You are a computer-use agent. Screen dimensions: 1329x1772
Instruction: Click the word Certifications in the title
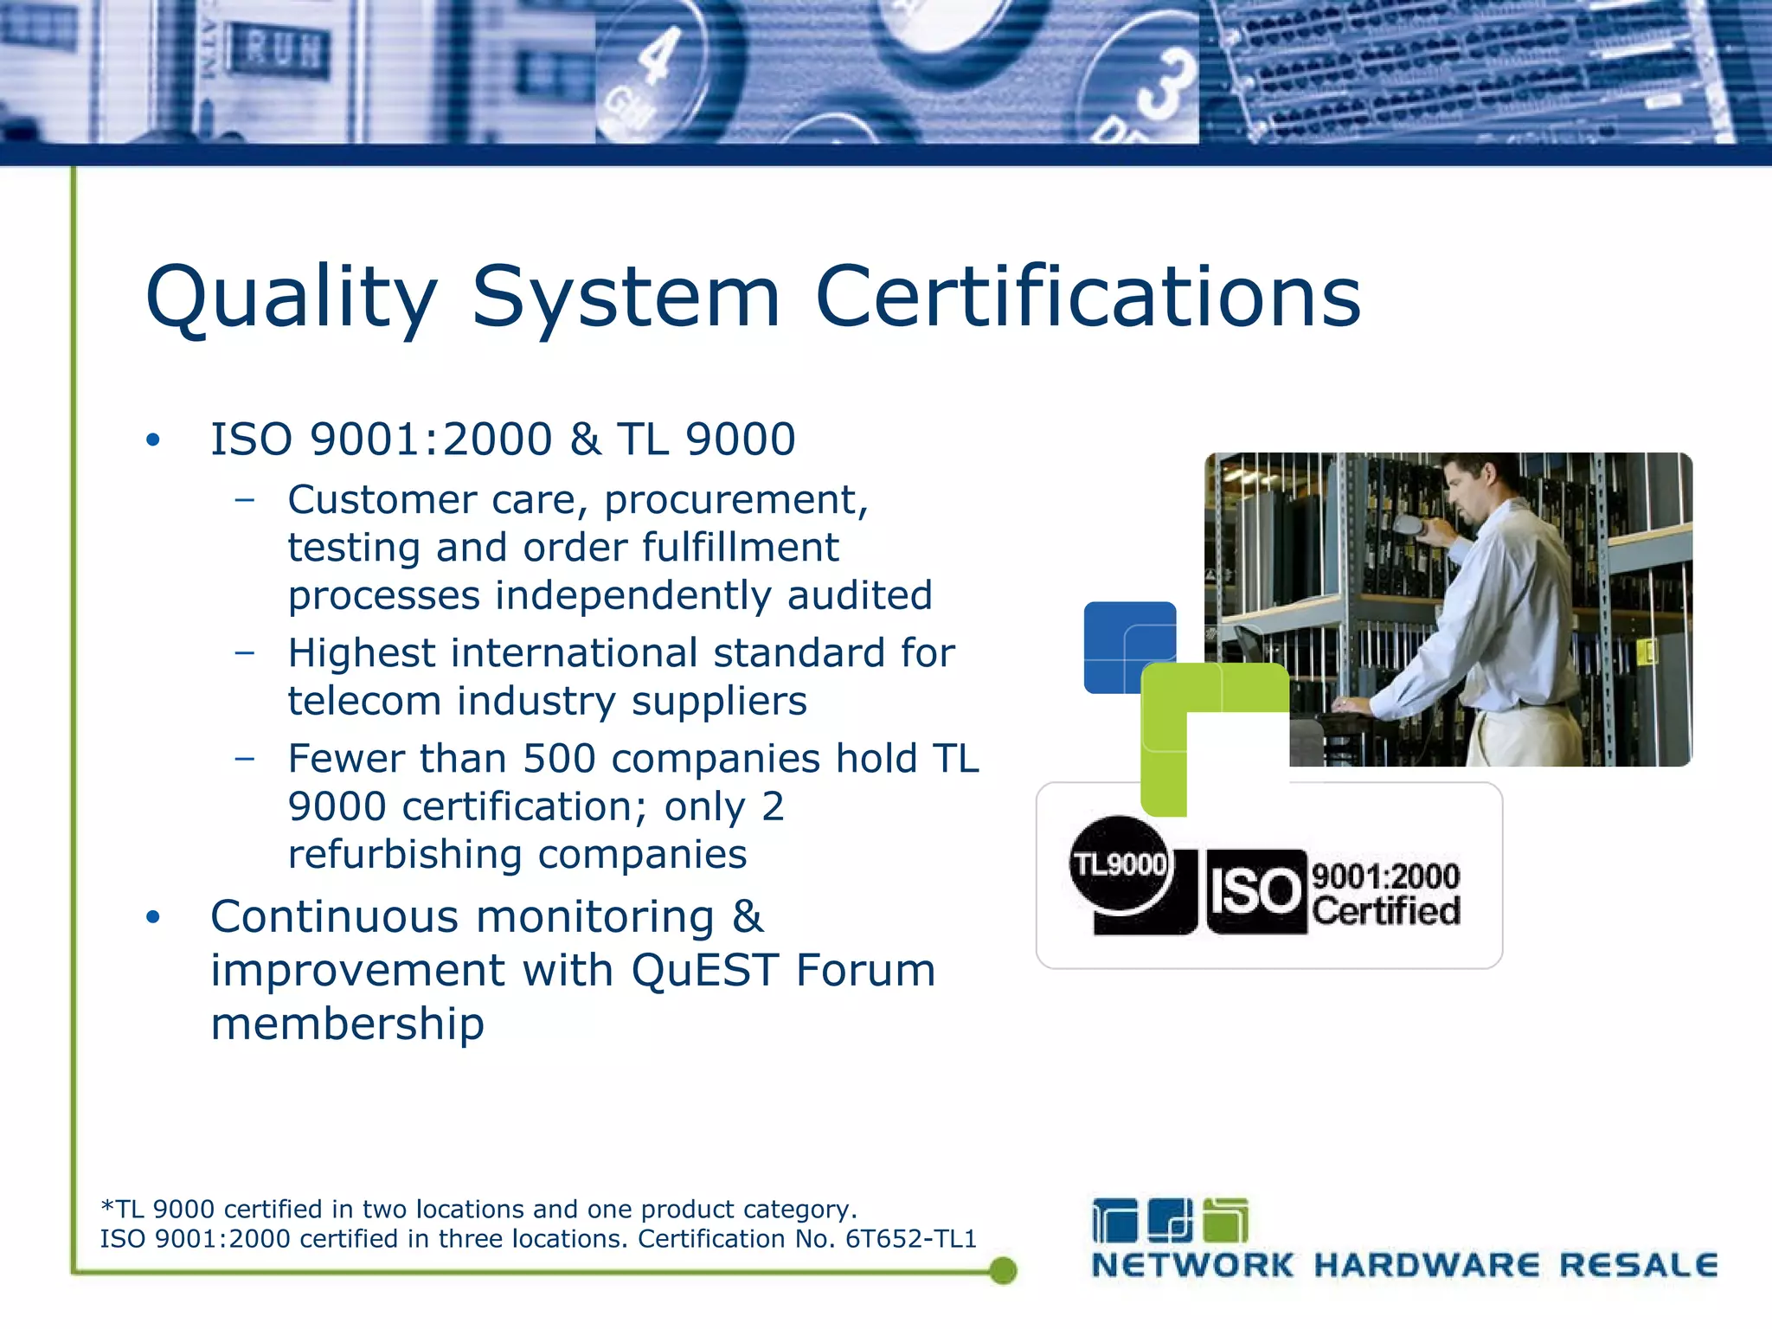pos(1088,297)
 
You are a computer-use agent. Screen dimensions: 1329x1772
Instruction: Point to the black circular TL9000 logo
pos(1120,864)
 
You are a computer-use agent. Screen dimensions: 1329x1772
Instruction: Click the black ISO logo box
pos(1255,891)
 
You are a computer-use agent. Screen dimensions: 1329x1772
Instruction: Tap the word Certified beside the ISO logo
pos(1386,911)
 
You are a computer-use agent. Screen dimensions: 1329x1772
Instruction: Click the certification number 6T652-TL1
pos(910,1239)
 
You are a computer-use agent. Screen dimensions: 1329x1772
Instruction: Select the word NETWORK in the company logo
pos(1192,1266)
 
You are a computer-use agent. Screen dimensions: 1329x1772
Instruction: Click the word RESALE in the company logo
pos(1638,1266)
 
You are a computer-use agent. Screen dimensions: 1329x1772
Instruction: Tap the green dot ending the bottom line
pos(1002,1270)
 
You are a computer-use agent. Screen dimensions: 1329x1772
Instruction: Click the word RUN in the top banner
pos(279,52)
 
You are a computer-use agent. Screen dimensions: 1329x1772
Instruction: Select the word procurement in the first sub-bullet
pos(735,500)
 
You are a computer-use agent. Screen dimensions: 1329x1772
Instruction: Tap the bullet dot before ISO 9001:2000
pos(153,440)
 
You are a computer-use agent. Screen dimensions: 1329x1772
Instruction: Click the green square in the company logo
pos(1226,1221)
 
